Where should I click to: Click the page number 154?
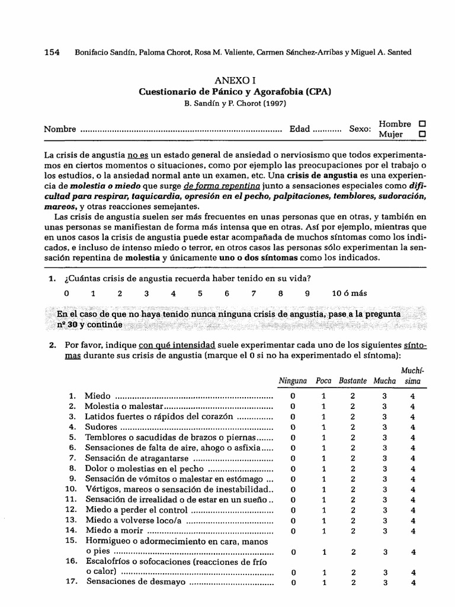[x=52, y=52]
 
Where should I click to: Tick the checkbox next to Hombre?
[x=422, y=124]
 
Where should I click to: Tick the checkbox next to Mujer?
[x=422, y=135]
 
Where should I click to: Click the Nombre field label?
[x=60, y=129]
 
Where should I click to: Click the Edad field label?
[x=299, y=129]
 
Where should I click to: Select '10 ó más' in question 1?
[x=349, y=293]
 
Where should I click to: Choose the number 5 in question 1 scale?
[x=200, y=293]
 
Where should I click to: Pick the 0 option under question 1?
[x=67, y=293]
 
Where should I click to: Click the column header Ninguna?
[x=293, y=381]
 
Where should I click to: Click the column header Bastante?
[x=353, y=381]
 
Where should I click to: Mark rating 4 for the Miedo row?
[x=412, y=395]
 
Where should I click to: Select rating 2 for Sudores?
[x=353, y=427]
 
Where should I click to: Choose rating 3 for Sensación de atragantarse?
[x=384, y=458]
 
